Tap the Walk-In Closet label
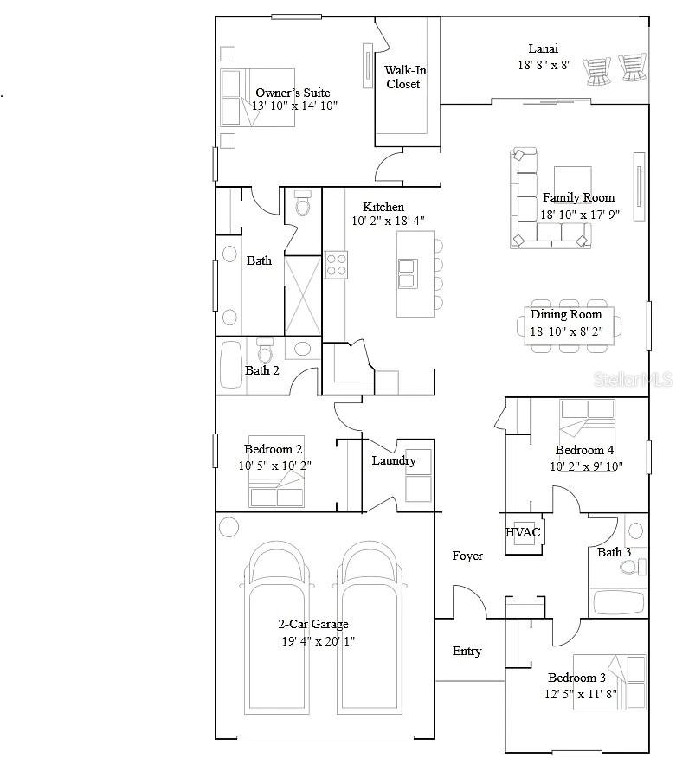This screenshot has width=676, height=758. [x=405, y=77]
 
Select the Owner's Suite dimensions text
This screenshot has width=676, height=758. [x=294, y=106]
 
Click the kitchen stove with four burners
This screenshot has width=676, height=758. [x=336, y=264]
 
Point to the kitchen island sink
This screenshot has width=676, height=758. [x=407, y=273]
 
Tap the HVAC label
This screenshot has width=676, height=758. [x=523, y=532]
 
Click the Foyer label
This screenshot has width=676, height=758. [x=467, y=556]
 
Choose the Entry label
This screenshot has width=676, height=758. [x=467, y=651]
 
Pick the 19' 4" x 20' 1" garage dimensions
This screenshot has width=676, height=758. [x=317, y=641]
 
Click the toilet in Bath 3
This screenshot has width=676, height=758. [x=637, y=566]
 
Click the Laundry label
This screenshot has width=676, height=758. [x=394, y=460]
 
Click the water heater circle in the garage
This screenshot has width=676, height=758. [x=229, y=526]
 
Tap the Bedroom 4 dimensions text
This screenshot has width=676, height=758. [x=587, y=466]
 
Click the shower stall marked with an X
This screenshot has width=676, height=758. [x=303, y=295]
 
